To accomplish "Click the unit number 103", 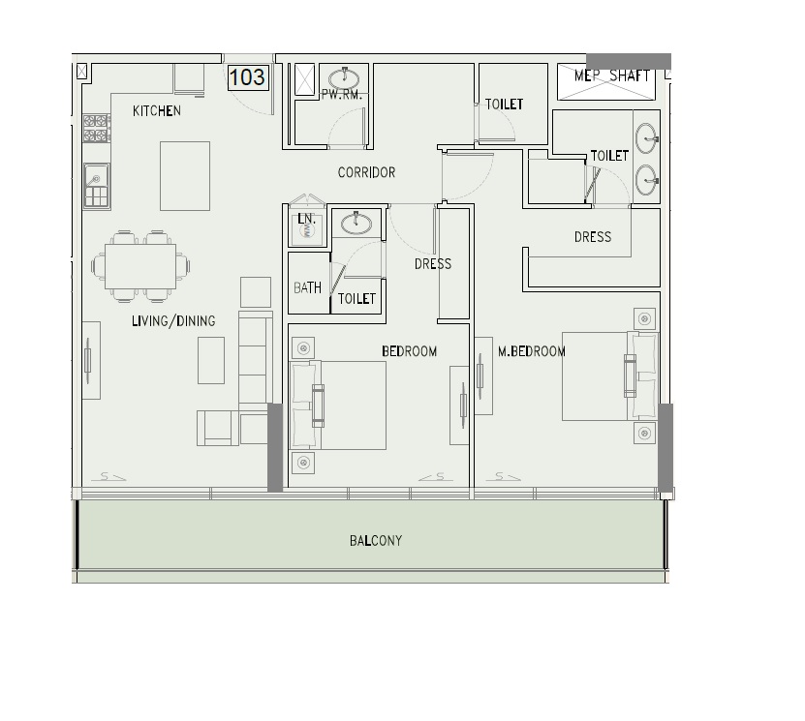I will (246, 77).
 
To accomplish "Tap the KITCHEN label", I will (157, 111).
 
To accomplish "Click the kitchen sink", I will (97, 177).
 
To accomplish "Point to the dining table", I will (141, 264).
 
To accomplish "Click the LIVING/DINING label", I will (173, 321).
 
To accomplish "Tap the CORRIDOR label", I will (366, 173).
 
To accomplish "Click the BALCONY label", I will (376, 540).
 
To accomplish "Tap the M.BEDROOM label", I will (531, 352).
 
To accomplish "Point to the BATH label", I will (307, 288).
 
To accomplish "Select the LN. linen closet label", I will (307, 220).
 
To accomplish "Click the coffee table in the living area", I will (212, 359).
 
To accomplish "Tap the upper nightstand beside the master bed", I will (645, 317).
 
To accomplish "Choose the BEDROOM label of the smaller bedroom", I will (409, 351).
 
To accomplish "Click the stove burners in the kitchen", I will (96, 123).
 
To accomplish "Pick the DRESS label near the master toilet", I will (592, 236).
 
